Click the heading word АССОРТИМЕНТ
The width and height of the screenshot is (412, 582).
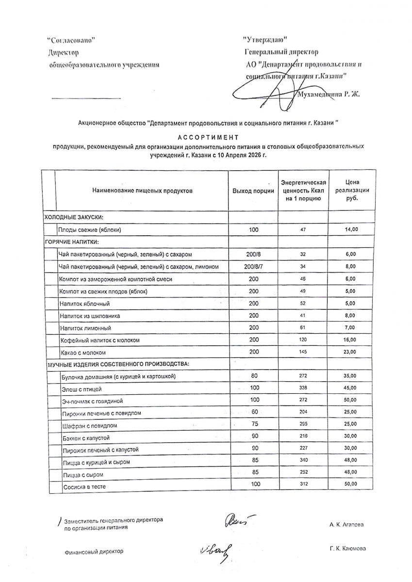click(205, 137)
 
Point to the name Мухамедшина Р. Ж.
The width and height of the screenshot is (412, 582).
click(329, 94)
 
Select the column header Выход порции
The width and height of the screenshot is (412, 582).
click(253, 191)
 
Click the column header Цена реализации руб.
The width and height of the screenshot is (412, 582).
click(352, 190)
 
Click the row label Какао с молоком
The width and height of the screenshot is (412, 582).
click(83, 353)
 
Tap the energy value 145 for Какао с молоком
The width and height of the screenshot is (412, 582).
click(303, 352)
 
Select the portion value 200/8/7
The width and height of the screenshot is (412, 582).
click(253, 266)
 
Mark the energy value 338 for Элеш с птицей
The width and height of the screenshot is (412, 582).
click(303, 388)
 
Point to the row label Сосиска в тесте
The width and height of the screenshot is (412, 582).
click(84, 486)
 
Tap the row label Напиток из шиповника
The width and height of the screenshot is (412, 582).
click(90, 316)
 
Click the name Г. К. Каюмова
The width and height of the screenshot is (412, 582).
click(347, 549)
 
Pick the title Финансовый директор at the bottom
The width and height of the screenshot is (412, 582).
click(94, 551)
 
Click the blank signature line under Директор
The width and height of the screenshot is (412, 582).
click(86, 98)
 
